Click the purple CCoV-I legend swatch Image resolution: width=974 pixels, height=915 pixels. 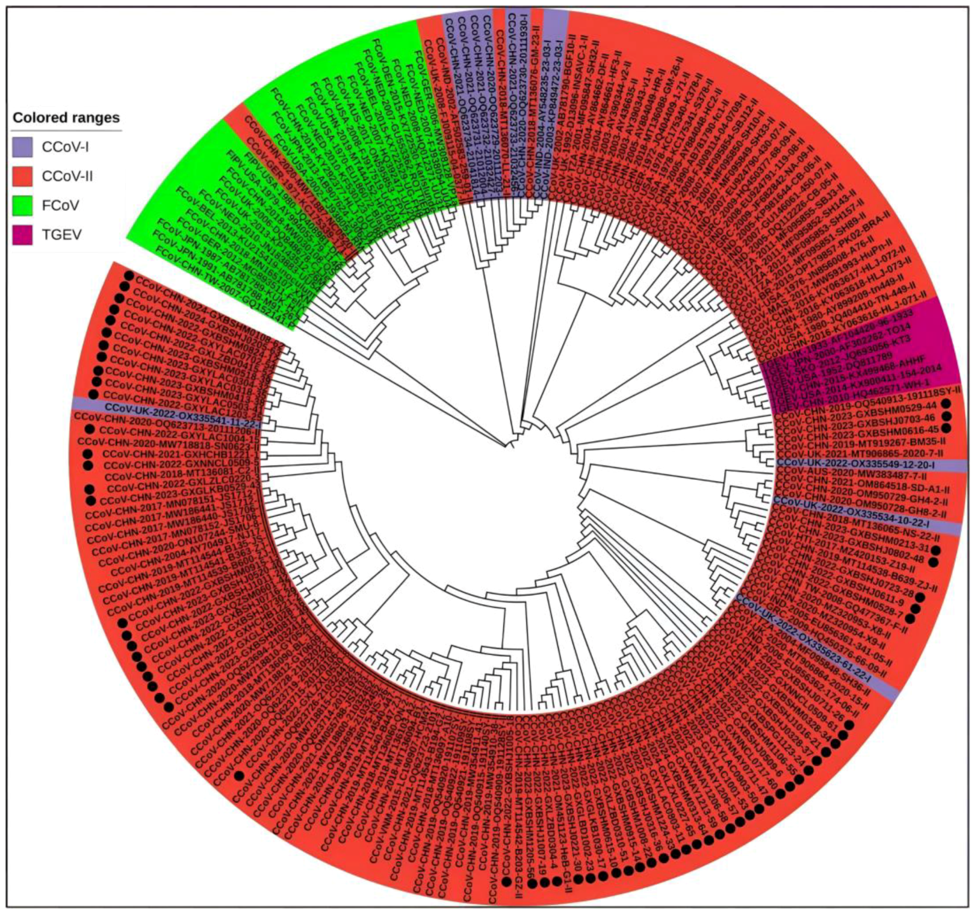[x=22, y=147]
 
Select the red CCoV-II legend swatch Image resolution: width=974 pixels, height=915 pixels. [x=22, y=176]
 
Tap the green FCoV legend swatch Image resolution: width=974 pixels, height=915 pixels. [x=22, y=205]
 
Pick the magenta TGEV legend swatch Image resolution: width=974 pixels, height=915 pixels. [x=22, y=234]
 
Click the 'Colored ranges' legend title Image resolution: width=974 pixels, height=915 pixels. [x=66, y=117]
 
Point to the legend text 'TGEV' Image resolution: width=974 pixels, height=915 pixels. [x=61, y=234]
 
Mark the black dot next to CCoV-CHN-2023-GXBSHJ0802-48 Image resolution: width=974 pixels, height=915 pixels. [x=932, y=562]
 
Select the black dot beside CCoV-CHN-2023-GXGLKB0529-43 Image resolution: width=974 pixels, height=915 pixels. [x=90, y=500]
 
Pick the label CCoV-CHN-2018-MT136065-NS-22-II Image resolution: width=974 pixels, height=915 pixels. [x=855, y=527]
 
